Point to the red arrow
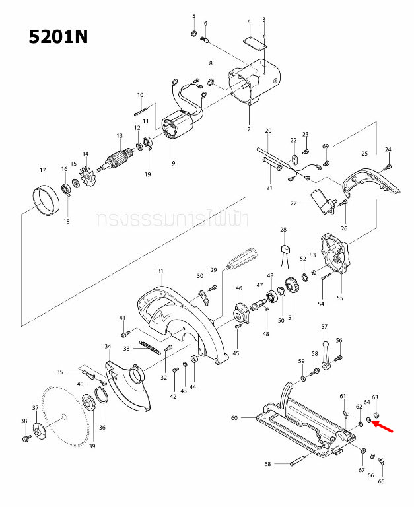tap(386, 427)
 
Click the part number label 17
tap(43, 170)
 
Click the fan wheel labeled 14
tap(86, 174)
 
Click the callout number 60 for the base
tap(234, 418)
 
